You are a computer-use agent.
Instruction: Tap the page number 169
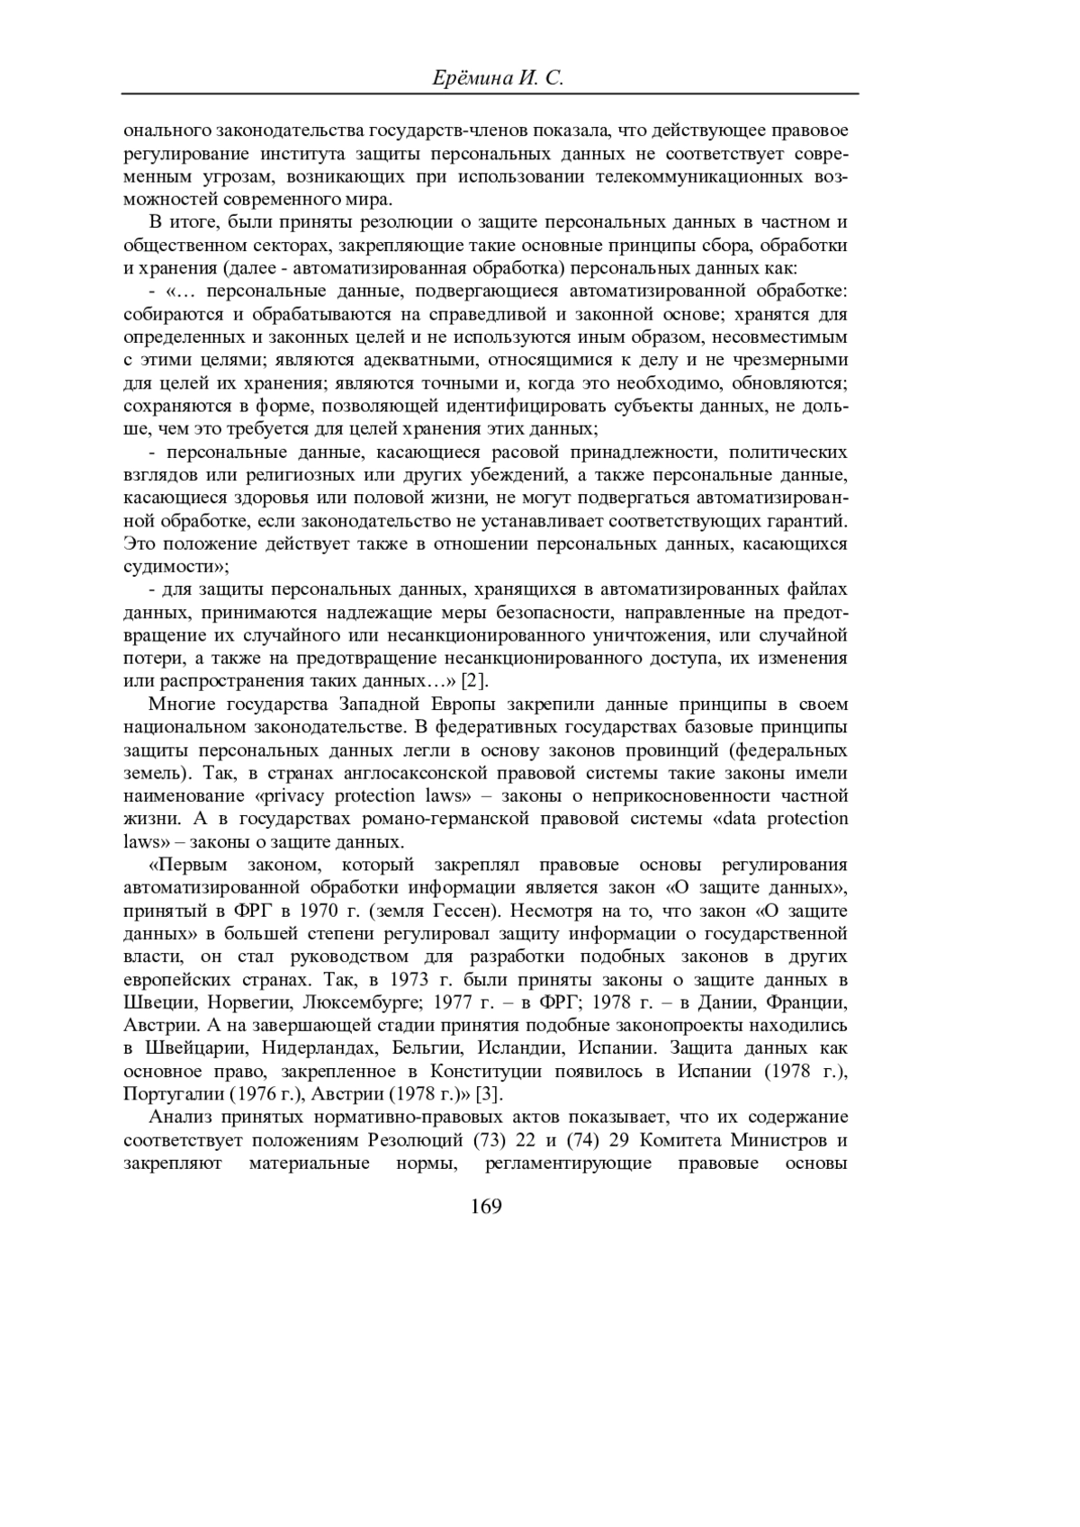click(x=485, y=1207)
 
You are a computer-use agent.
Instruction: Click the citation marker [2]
click(x=473, y=680)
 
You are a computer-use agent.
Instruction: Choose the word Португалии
click(x=169, y=1094)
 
